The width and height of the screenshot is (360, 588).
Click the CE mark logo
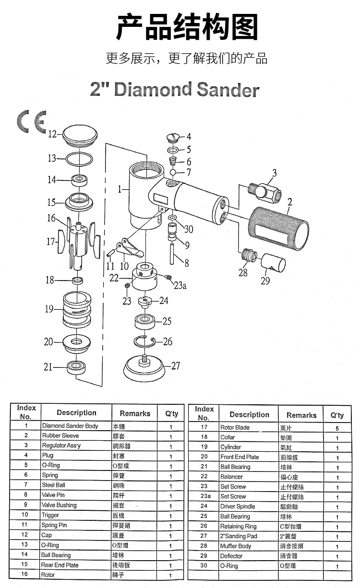click(x=32, y=121)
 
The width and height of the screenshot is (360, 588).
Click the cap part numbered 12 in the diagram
click(x=80, y=137)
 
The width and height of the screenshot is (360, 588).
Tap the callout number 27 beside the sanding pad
click(x=176, y=365)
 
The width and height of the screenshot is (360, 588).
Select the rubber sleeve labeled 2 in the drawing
click(x=278, y=228)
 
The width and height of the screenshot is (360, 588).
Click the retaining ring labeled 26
click(x=144, y=341)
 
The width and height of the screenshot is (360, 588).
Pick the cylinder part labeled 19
click(x=77, y=309)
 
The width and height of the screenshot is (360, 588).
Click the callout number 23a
click(x=180, y=285)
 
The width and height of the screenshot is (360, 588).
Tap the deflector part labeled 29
click(x=273, y=263)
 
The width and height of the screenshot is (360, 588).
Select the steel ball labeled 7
click(x=173, y=173)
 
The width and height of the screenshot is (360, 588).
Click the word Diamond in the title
click(x=153, y=89)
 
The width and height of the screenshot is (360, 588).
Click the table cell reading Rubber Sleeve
click(x=60, y=435)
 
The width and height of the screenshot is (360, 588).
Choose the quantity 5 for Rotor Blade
click(x=337, y=428)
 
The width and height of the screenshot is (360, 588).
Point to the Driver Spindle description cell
click(x=238, y=506)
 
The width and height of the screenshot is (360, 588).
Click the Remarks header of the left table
click(x=135, y=413)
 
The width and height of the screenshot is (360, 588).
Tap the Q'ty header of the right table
click(x=337, y=415)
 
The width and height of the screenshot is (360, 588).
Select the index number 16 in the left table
click(x=24, y=574)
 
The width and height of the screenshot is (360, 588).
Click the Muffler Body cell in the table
click(x=236, y=546)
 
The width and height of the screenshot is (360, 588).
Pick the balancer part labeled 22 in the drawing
click(x=144, y=277)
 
